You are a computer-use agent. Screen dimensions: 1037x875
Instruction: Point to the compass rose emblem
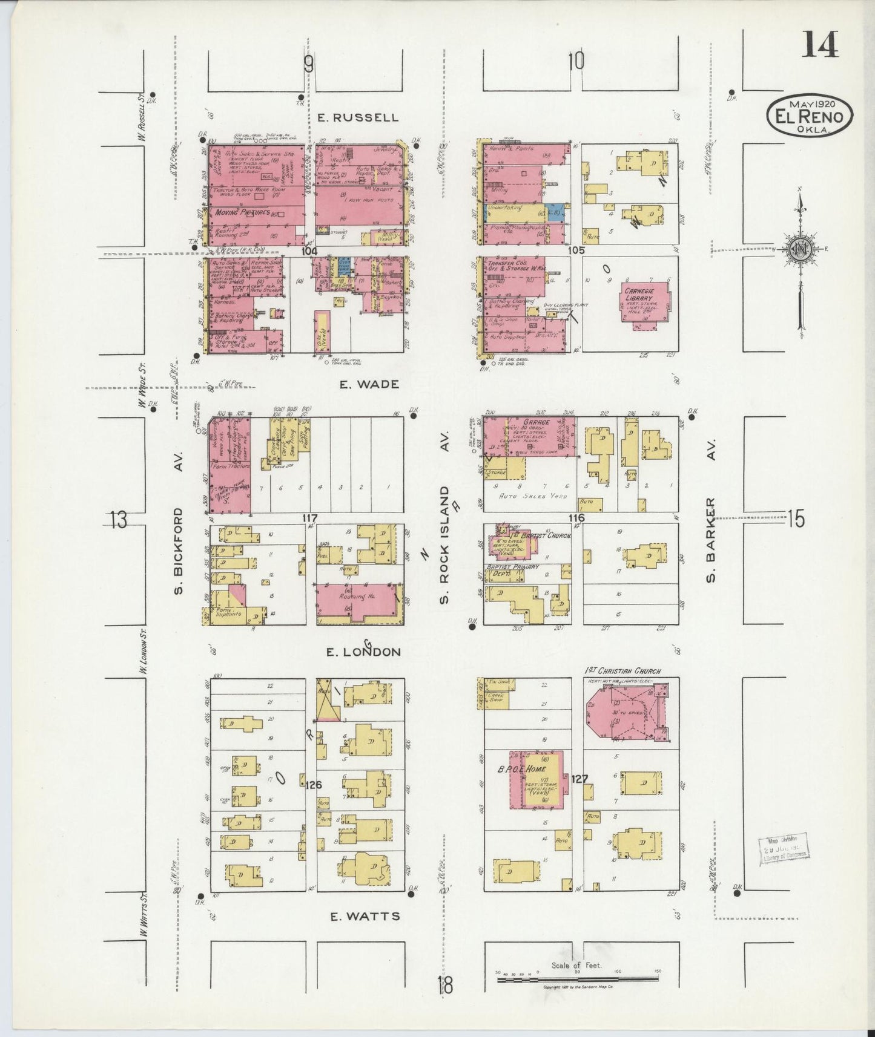pos(800,249)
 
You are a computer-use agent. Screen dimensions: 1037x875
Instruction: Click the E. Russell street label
pos(358,117)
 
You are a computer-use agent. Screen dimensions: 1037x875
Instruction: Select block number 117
pos(310,518)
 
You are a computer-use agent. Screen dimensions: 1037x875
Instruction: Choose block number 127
pos(579,779)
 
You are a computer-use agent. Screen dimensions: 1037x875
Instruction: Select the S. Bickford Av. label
pos(179,551)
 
